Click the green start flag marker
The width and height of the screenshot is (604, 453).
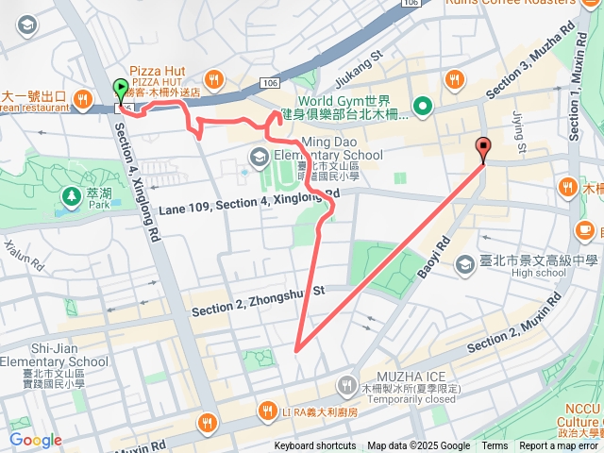(x=121, y=91)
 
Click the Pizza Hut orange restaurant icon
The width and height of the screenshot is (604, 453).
(x=215, y=79)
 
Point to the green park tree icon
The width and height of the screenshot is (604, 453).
(x=72, y=197)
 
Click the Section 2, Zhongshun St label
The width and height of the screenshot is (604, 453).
(x=258, y=300)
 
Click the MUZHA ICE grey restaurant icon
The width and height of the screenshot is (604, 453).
(x=346, y=383)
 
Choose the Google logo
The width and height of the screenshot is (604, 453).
(x=35, y=440)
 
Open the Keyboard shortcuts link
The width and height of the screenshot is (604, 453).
(x=315, y=446)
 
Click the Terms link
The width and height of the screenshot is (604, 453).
(x=495, y=446)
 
